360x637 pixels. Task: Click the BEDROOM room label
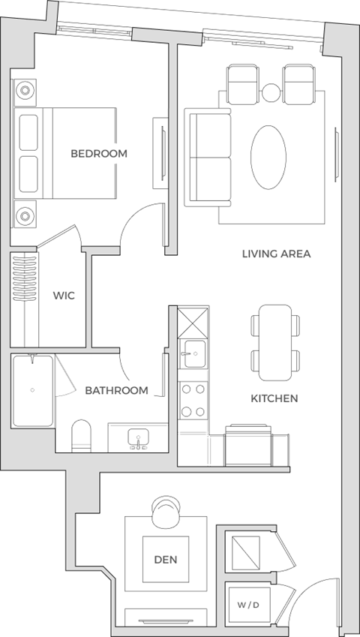(x=99, y=154)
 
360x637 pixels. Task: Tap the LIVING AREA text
(x=276, y=254)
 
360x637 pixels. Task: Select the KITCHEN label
(x=274, y=398)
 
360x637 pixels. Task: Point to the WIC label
(x=63, y=296)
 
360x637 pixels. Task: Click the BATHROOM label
(x=116, y=391)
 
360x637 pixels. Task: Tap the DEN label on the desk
(x=166, y=560)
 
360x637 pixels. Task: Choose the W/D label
(x=243, y=605)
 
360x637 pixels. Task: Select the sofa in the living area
(x=208, y=158)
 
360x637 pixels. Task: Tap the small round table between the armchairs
(x=271, y=92)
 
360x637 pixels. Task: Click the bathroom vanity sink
(x=138, y=437)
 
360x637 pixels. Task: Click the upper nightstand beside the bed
(x=25, y=91)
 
